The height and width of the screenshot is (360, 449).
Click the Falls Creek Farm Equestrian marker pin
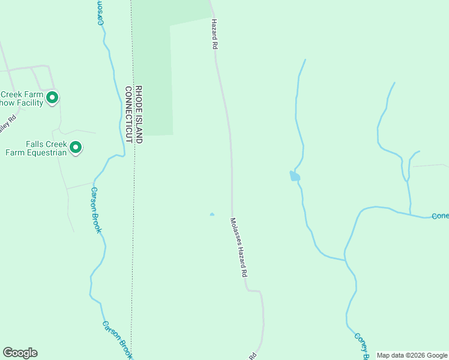coord(76,147)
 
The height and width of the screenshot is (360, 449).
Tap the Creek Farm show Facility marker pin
coord(52,97)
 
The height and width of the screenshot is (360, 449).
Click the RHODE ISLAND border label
coord(139,114)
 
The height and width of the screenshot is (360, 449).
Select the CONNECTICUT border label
coord(128,114)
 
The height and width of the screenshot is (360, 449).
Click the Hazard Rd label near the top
coord(213,34)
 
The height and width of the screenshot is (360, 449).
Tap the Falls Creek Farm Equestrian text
coord(36,148)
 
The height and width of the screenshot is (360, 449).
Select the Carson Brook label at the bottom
coord(116,340)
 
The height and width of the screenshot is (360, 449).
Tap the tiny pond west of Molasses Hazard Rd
coord(211,214)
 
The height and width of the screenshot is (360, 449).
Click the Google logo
coord(20,353)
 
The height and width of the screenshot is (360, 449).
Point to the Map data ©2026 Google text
coord(412,355)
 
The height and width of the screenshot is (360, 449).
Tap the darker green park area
coord(153,72)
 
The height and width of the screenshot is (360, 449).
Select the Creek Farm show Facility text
coord(22,98)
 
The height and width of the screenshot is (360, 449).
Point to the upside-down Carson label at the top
coord(101,12)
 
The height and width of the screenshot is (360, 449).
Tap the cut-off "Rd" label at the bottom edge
coord(253,356)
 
